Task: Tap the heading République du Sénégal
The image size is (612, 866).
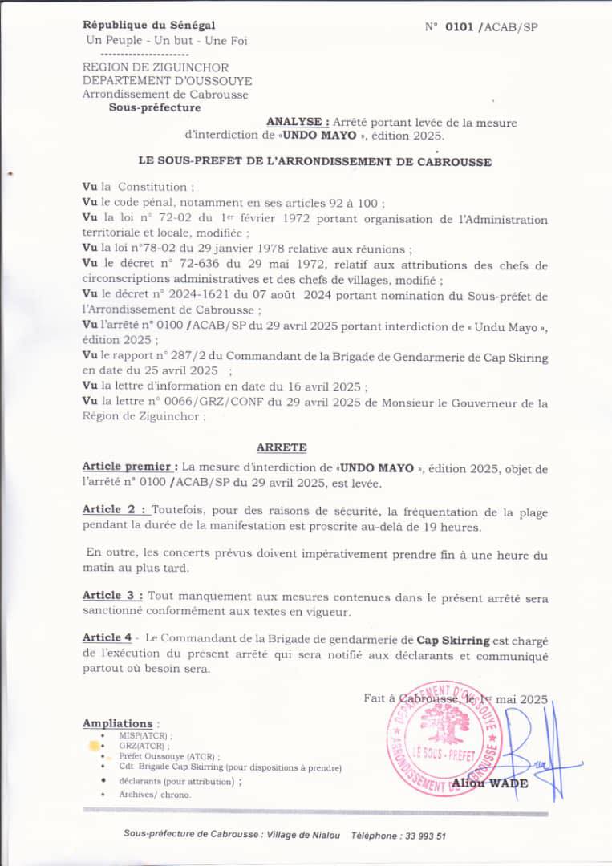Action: point(148,26)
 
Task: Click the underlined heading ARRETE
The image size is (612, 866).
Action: point(281,447)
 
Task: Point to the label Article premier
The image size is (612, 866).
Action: point(130,467)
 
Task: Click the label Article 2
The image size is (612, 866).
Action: point(114,509)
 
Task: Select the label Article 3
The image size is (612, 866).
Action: point(113,596)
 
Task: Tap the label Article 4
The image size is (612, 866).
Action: point(107,637)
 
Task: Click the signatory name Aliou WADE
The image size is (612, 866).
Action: point(489,783)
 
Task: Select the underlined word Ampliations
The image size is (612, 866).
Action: point(117,723)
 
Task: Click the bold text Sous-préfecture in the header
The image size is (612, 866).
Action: point(155,107)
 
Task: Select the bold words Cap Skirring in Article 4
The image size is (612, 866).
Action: point(452,640)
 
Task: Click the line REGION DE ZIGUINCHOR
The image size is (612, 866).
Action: point(156,68)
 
